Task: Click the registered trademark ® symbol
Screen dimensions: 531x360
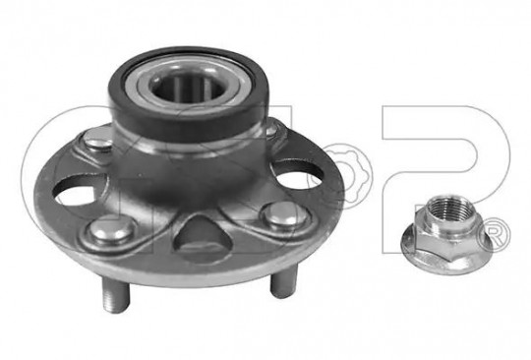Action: coord(494,235)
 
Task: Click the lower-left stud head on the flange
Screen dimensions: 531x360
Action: coord(111,229)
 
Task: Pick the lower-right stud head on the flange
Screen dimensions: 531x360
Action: coord(285,215)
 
